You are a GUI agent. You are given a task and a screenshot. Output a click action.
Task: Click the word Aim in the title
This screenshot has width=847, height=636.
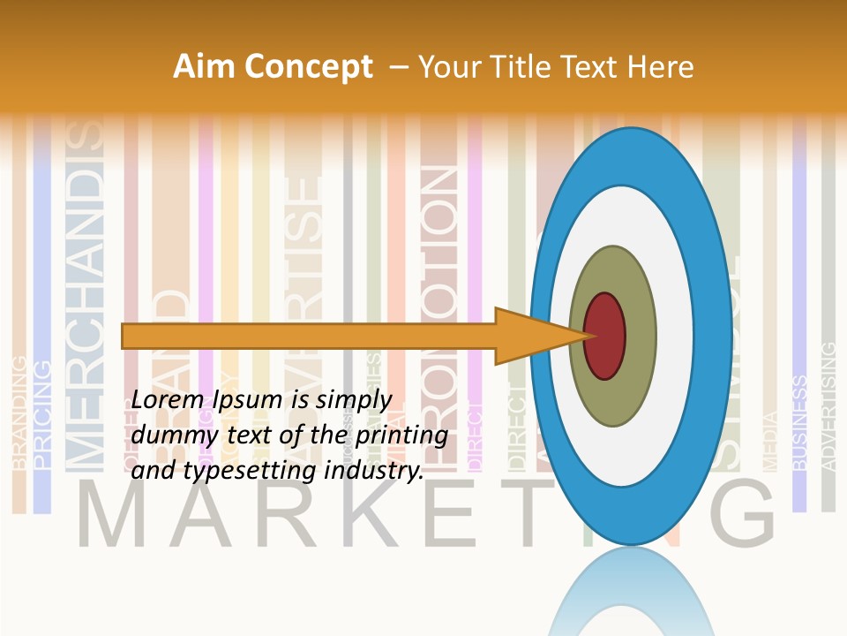tap(203, 67)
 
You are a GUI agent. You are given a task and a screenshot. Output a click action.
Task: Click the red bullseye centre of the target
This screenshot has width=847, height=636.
tap(604, 336)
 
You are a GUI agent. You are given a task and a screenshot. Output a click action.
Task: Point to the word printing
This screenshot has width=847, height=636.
tap(401, 435)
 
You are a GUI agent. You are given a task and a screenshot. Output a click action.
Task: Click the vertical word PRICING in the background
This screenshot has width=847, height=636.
tap(41, 413)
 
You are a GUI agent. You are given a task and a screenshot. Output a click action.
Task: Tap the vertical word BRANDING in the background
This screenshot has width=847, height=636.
tap(19, 412)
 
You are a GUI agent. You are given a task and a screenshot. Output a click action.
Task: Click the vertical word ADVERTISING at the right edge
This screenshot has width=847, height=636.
tap(828, 406)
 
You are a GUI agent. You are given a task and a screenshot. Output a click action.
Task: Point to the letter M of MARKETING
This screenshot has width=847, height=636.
tap(115, 516)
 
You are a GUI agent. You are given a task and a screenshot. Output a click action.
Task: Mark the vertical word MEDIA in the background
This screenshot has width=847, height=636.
tap(769, 442)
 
